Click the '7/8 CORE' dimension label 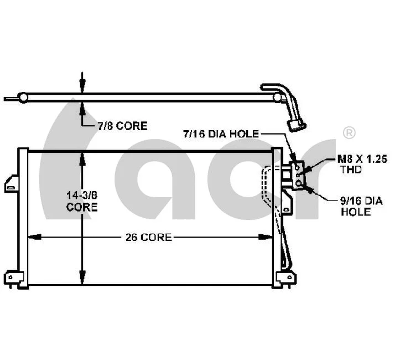tap(122, 126)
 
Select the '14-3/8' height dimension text tap(82, 195)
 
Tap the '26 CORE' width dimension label tap(148, 237)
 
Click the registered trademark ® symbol tap(349, 133)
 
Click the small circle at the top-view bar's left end tap(23, 98)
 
